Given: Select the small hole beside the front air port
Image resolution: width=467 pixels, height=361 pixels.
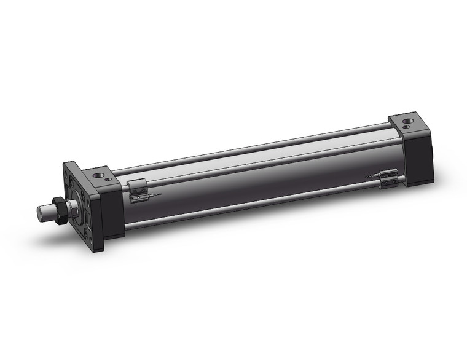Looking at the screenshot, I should coord(109,179).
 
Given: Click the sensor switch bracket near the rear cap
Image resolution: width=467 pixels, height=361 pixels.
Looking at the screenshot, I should coord(387,178).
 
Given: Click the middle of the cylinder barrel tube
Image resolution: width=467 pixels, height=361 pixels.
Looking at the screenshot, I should coord(258,178).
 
